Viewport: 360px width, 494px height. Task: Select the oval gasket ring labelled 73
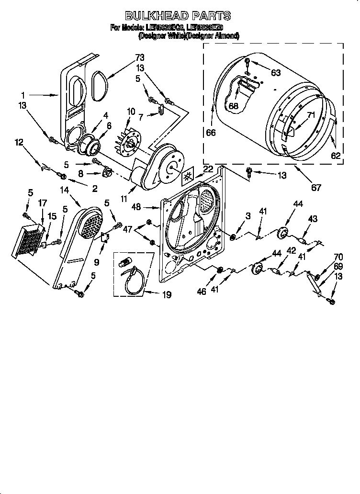tap(100, 86)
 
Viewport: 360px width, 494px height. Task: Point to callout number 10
tap(130, 112)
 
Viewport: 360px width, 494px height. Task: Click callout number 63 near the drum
tap(276, 73)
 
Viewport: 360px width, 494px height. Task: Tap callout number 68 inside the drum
tap(233, 106)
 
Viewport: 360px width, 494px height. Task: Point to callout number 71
tap(311, 115)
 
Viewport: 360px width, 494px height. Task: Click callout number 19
tap(167, 295)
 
